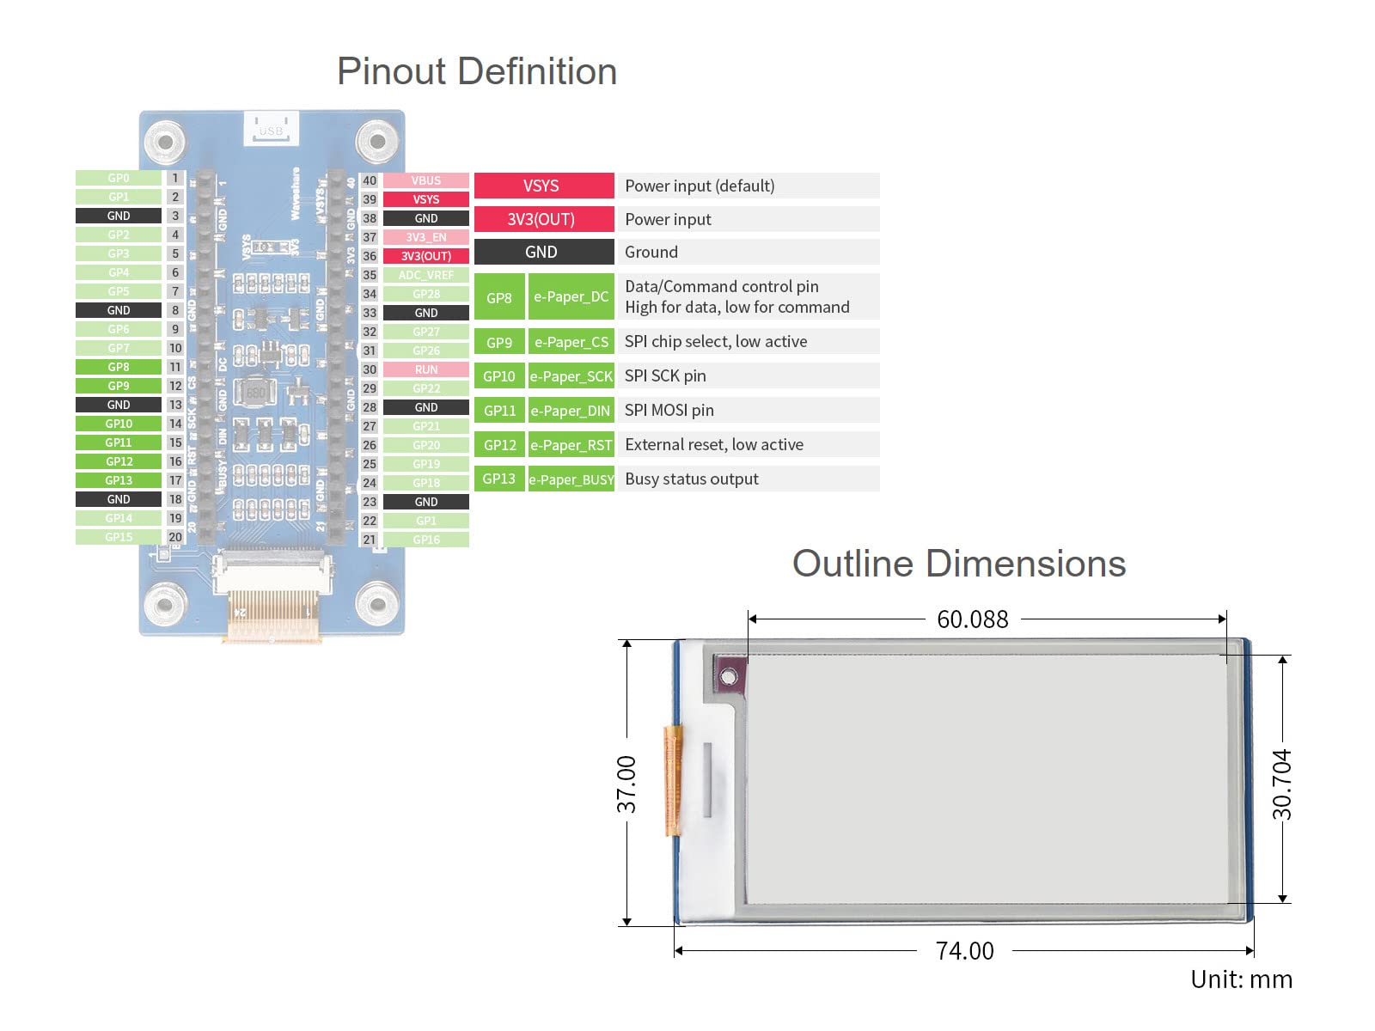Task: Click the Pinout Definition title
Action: [x=477, y=71]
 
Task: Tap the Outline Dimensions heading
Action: [x=958, y=564]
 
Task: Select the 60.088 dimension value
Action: [x=972, y=619]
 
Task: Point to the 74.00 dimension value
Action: [x=964, y=951]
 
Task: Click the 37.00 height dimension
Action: [x=626, y=784]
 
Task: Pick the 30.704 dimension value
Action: [x=1281, y=784]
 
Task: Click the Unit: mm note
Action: [x=1241, y=979]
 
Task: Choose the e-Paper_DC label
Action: [x=571, y=297]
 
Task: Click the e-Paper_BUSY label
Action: [x=571, y=479]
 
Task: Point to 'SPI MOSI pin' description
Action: [x=669, y=411]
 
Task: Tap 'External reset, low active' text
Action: [x=714, y=445]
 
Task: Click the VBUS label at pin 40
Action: [x=425, y=180]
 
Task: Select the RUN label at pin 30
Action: [x=425, y=369]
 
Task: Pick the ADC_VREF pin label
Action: [x=425, y=275]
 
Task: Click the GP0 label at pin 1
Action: [x=119, y=178]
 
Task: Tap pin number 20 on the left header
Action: [x=175, y=537]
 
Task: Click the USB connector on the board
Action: [x=271, y=129]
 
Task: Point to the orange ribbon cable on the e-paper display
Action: [x=672, y=780]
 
